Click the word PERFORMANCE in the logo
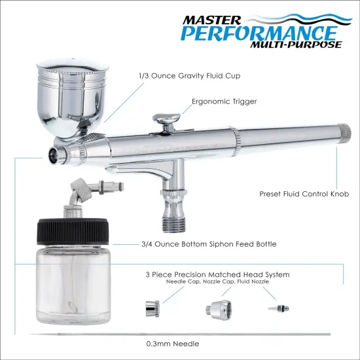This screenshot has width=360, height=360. point(268,32)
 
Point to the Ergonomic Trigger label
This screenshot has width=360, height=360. point(224,102)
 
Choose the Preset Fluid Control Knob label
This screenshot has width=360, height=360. point(304,194)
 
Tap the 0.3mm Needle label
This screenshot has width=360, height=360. point(173,343)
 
